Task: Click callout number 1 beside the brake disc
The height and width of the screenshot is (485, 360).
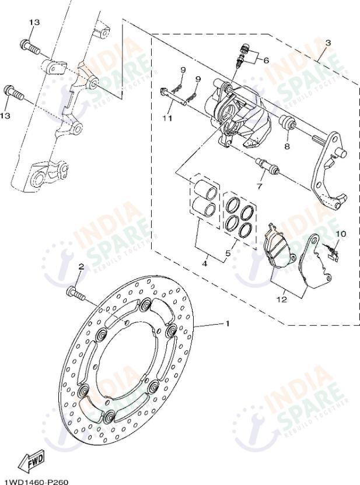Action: tap(228, 324)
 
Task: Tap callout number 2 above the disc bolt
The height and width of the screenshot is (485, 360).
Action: tap(81, 266)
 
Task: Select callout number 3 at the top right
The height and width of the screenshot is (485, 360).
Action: tap(328, 43)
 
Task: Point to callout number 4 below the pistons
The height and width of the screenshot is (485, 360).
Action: tap(205, 263)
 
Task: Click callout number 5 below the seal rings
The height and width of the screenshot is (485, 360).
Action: tap(228, 254)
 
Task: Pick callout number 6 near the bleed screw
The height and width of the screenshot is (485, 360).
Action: tap(266, 60)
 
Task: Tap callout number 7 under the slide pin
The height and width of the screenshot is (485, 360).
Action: tap(260, 186)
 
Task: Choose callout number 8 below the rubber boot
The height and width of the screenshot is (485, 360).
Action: tap(286, 146)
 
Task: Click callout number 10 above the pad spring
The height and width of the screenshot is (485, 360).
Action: tap(340, 234)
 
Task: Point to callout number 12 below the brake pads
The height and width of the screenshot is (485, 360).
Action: tap(282, 300)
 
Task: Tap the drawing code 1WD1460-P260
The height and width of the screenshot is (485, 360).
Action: tap(36, 482)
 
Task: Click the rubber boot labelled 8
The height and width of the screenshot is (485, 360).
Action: tap(286, 124)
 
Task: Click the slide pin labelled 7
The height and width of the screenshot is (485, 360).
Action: tap(270, 167)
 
